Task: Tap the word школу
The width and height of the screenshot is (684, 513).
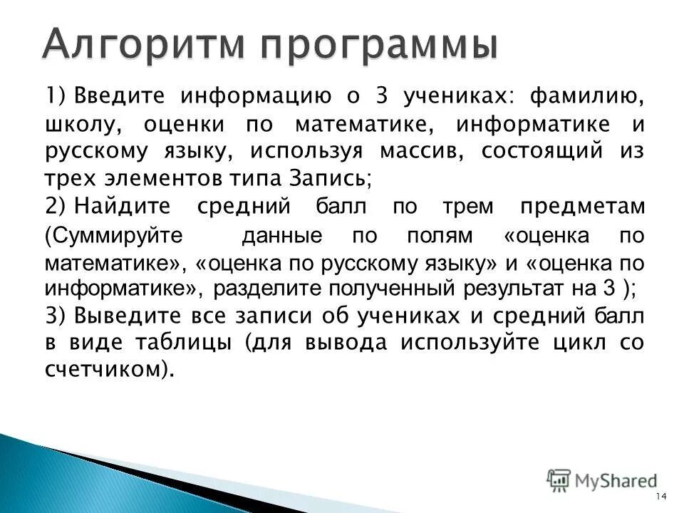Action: pos(79,124)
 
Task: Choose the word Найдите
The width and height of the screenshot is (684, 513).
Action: pos(133,207)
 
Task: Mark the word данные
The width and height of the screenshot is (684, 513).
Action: pos(281,236)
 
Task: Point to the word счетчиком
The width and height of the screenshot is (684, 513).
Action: pos(107,369)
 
